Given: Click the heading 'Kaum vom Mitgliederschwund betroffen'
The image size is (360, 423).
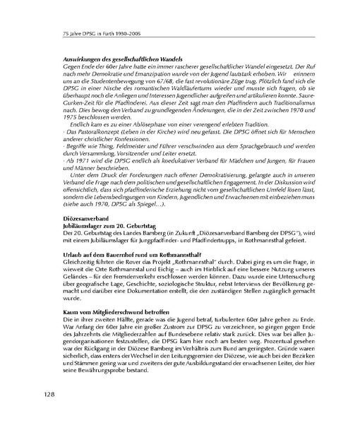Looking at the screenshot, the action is click(108, 313).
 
